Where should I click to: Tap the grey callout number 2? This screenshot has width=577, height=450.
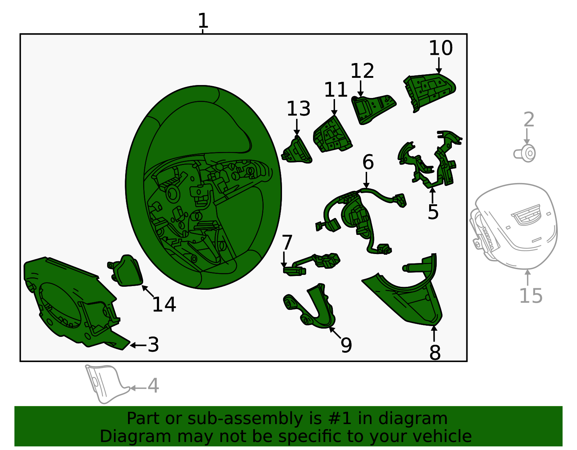pyautogui.click(x=529, y=119)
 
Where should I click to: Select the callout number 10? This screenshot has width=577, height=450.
pyautogui.click(x=441, y=48)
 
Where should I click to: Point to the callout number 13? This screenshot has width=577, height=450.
pyautogui.click(x=299, y=109)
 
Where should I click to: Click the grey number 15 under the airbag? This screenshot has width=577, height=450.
pyautogui.click(x=531, y=296)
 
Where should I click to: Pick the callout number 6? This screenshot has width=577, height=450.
pyautogui.click(x=368, y=162)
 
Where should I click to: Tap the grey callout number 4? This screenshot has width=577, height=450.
pyautogui.click(x=153, y=386)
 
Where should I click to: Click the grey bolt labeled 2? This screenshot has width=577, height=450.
pyautogui.click(x=524, y=153)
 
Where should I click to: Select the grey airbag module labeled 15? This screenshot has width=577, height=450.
pyautogui.click(x=514, y=226)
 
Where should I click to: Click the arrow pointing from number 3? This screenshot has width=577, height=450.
pyautogui.click(x=138, y=345)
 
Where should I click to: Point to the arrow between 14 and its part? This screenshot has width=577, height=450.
pyautogui.click(x=148, y=291)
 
